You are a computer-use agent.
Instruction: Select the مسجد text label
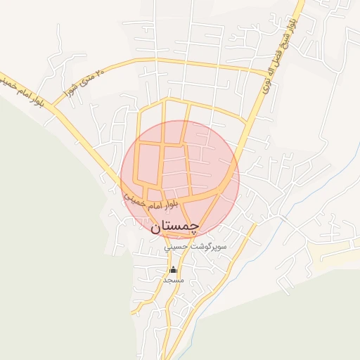(173, 280)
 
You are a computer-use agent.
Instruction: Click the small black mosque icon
(173, 269)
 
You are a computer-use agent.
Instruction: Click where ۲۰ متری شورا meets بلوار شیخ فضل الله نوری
(267, 72)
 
